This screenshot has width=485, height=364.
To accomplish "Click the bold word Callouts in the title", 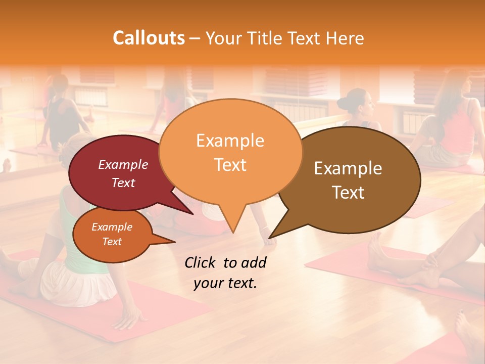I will click(149, 38).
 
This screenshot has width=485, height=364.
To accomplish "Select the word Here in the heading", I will click(345, 38).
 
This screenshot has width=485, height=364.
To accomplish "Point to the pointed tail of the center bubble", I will click(232, 222).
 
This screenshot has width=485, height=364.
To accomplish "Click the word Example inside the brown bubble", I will click(348, 168).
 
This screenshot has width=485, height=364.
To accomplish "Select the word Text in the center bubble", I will click(230, 165).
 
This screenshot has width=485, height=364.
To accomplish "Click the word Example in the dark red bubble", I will click(123, 164).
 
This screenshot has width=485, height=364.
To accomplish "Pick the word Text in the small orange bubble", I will click(112, 242).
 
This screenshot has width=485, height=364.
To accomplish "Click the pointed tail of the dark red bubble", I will click(187, 210).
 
